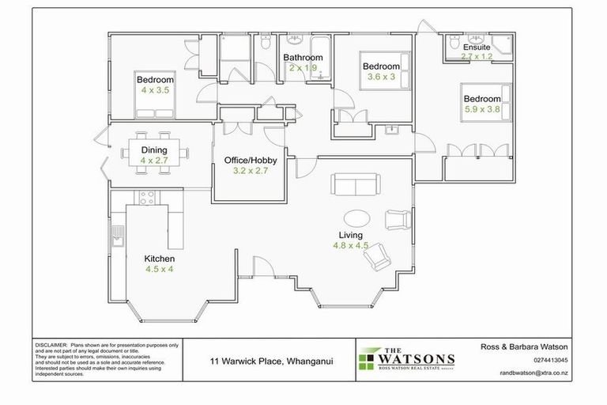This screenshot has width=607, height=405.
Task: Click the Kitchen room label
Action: [159, 259]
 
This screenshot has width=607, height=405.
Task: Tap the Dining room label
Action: [154, 150]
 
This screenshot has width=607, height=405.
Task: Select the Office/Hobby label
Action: [250, 161]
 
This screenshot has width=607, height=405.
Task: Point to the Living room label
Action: [350, 235]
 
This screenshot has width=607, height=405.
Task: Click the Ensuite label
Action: [477, 47]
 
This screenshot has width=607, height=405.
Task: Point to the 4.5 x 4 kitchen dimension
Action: [159, 269]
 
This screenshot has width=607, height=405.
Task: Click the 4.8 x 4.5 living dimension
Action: [350, 245]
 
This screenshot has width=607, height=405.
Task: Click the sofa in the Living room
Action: [355, 186]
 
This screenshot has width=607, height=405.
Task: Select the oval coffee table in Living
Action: [357, 218]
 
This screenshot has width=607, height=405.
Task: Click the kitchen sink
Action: [118, 236]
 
